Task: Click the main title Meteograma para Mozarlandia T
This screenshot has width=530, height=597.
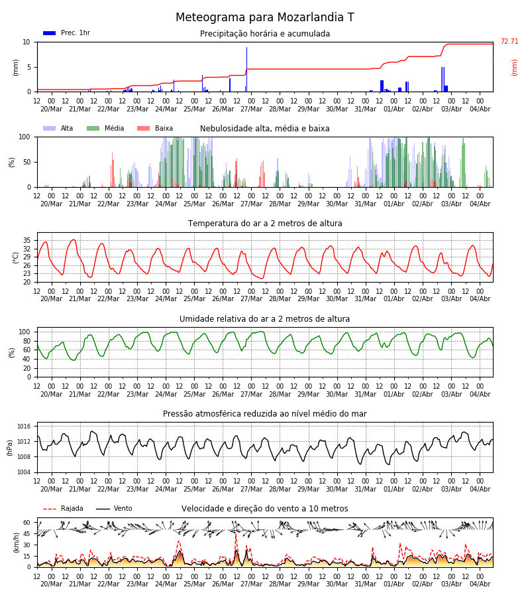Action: coord(264,17)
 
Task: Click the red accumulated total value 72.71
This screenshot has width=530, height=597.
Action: coord(509,42)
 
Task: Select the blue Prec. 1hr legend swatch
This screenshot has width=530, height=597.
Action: coord(50,33)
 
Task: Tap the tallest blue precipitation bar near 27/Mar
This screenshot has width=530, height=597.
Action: coord(246,69)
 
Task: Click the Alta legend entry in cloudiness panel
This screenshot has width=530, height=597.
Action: coord(58,128)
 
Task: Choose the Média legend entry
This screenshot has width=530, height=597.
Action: coord(105,128)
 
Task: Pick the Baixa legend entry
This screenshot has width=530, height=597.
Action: coord(155,128)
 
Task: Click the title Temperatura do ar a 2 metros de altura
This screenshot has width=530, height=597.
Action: coord(265,224)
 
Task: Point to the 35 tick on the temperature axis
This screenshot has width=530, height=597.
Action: coord(27,241)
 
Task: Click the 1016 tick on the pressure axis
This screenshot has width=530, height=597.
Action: coord(24,427)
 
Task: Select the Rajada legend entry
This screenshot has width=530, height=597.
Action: coord(63,509)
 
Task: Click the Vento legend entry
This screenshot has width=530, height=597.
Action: coord(114,509)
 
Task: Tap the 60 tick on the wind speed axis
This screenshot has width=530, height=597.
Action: coord(27,523)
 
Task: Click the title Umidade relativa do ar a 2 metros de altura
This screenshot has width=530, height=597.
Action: coord(264,319)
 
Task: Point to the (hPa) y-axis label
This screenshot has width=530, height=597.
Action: coord(10,448)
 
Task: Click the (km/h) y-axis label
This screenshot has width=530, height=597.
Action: coord(16,543)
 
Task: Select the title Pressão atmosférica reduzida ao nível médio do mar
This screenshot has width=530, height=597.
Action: coord(264,414)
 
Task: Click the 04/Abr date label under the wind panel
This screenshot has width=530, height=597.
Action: coord(480,584)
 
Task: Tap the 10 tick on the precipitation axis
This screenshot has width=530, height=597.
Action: coord(26,42)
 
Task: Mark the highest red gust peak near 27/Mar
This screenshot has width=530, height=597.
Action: coord(236,535)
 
